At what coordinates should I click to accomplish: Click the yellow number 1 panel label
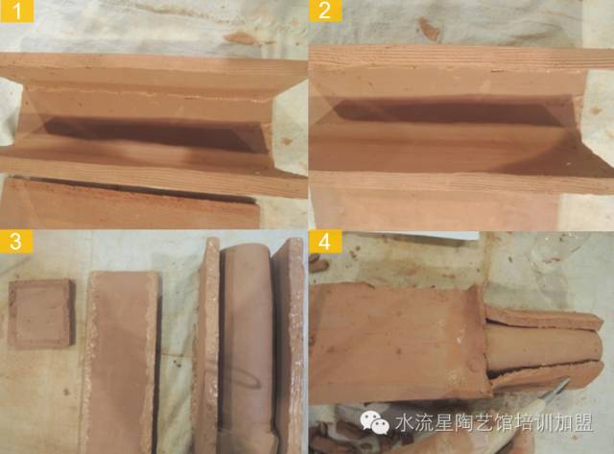pyautogui.click(x=17, y=11)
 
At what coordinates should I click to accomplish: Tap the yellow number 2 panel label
pyautogui.click(x=324, y=11)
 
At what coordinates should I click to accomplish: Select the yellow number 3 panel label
pyautogui.click(x=15, y=241)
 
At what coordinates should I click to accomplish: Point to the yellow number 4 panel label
pyautogui.click(x=324, y=241)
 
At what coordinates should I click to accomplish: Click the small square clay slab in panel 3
pyautogui.click(x=41, y=313)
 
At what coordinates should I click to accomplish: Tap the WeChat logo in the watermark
pyautogui.click(x=375, y=422)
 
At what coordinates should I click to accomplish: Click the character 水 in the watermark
pyautogui.click(x=403, y=423)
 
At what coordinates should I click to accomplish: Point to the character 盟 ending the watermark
pyautogui.click(x=583, y=423)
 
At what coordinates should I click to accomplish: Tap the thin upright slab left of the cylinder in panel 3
pyautogui.click(x=206, y=345)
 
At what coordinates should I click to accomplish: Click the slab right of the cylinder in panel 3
pyautogui.click(x=289, y=345)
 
